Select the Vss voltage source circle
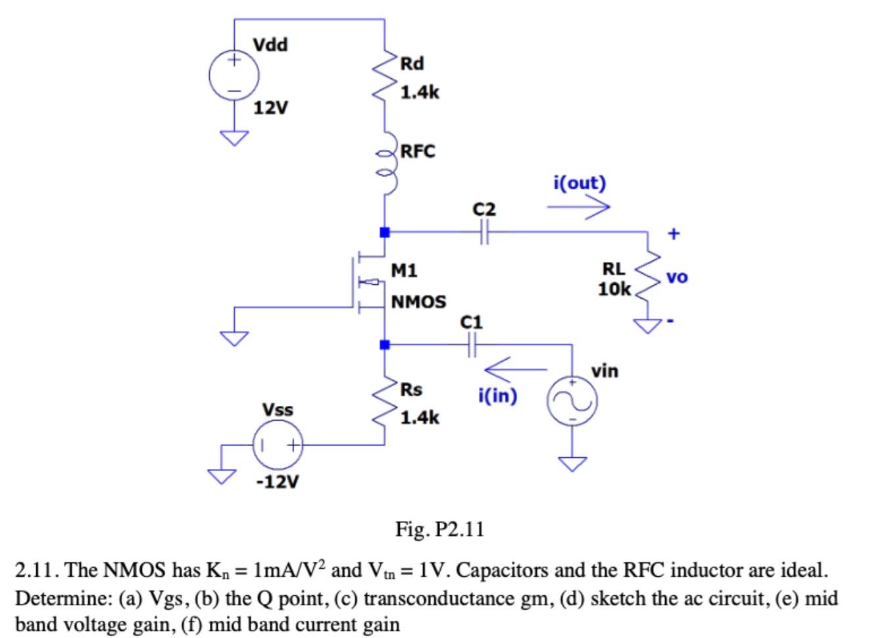point(278,445)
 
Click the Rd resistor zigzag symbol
point(384,78)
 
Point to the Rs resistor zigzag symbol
point(384,403)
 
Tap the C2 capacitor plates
point(484,232)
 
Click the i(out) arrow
point(578,207)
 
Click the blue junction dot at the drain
point(385,232)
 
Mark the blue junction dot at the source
point(385,344)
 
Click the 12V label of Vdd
point(271,107)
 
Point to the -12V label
point(277,482)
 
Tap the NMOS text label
point(418,302)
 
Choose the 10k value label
point(614,289)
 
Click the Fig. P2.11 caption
point(439,529)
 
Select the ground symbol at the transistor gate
point(234,338)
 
